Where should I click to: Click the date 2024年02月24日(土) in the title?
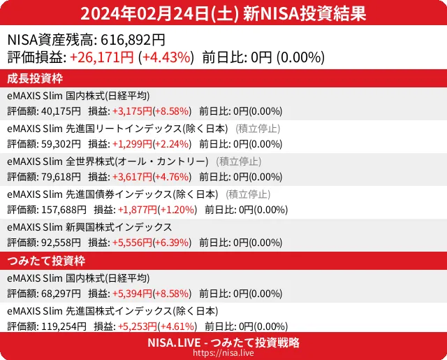[160, 13]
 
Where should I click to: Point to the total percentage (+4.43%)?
[166, 57]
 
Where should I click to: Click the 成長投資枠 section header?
[36, 78]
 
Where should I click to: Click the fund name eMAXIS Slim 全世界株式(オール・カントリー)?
[108, 161]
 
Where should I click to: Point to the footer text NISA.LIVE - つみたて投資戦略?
[223, 343]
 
